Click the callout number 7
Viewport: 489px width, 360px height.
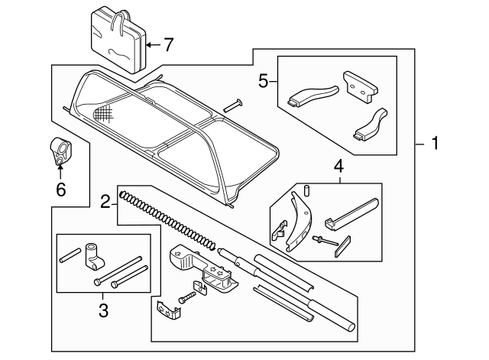coord(168,45)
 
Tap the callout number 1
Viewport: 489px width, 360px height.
coord(435,143)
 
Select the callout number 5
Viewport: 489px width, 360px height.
coord(263,81)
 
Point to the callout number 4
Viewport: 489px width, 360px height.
coord(339,167)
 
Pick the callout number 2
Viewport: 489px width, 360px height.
coord(105,202)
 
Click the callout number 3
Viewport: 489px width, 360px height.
coord(104,310)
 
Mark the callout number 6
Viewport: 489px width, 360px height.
coord(61,189)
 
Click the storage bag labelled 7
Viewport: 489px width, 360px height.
coord(118,41)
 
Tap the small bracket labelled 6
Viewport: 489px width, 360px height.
coord(61,151)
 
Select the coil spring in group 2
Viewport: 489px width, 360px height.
coord(167,220)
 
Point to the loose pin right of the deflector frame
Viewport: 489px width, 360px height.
coord(233,105)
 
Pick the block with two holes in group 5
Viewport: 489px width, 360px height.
coord(360,87)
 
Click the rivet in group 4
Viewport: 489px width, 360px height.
coord(325,241)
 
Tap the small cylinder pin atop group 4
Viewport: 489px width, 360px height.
coord(306,190)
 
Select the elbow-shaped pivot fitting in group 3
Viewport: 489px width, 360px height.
coord(93,256)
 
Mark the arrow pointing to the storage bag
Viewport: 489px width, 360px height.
coord(153,45)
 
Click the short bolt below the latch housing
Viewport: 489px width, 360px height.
coord(186,297)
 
